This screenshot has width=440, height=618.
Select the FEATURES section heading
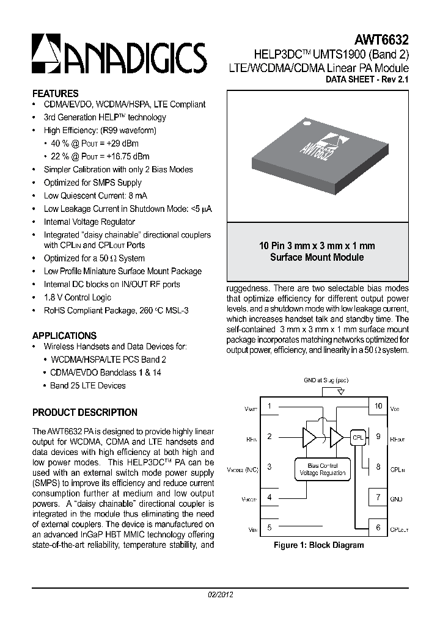pos(55,93)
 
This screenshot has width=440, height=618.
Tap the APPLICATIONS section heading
pos(64,335)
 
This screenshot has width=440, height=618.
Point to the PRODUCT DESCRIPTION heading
pos(84,412)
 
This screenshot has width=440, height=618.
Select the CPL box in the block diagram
pos(358,437)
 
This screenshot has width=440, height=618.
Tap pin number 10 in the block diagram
pos(378,406)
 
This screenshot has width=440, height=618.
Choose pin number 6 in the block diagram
pos(378,528)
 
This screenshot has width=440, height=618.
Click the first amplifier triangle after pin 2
pos(310,437)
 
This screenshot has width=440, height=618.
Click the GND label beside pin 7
pos(396,498)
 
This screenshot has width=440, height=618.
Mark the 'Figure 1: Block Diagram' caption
pos(318,545)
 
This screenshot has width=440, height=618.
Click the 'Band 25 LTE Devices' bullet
pos(87,385)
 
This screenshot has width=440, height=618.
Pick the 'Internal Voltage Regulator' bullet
pos(89,222)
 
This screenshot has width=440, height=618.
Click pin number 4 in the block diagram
pos(269,497)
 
